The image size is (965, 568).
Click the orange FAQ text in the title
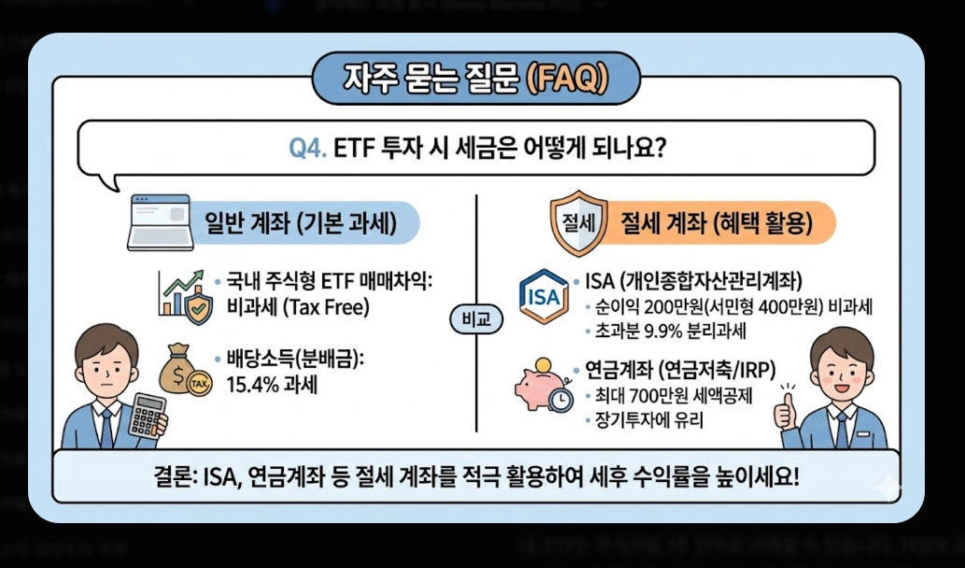[565, 78]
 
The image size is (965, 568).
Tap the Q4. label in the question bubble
[305, 148]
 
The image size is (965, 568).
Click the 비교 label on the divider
[475, 319]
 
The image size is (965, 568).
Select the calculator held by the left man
[148, 414]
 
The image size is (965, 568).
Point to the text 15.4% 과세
[272, 383]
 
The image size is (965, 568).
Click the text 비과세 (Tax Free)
[289, 305]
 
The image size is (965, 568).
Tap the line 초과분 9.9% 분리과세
[664, 332]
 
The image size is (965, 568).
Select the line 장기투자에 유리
[644, 420]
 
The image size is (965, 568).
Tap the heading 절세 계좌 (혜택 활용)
[716, 224]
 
